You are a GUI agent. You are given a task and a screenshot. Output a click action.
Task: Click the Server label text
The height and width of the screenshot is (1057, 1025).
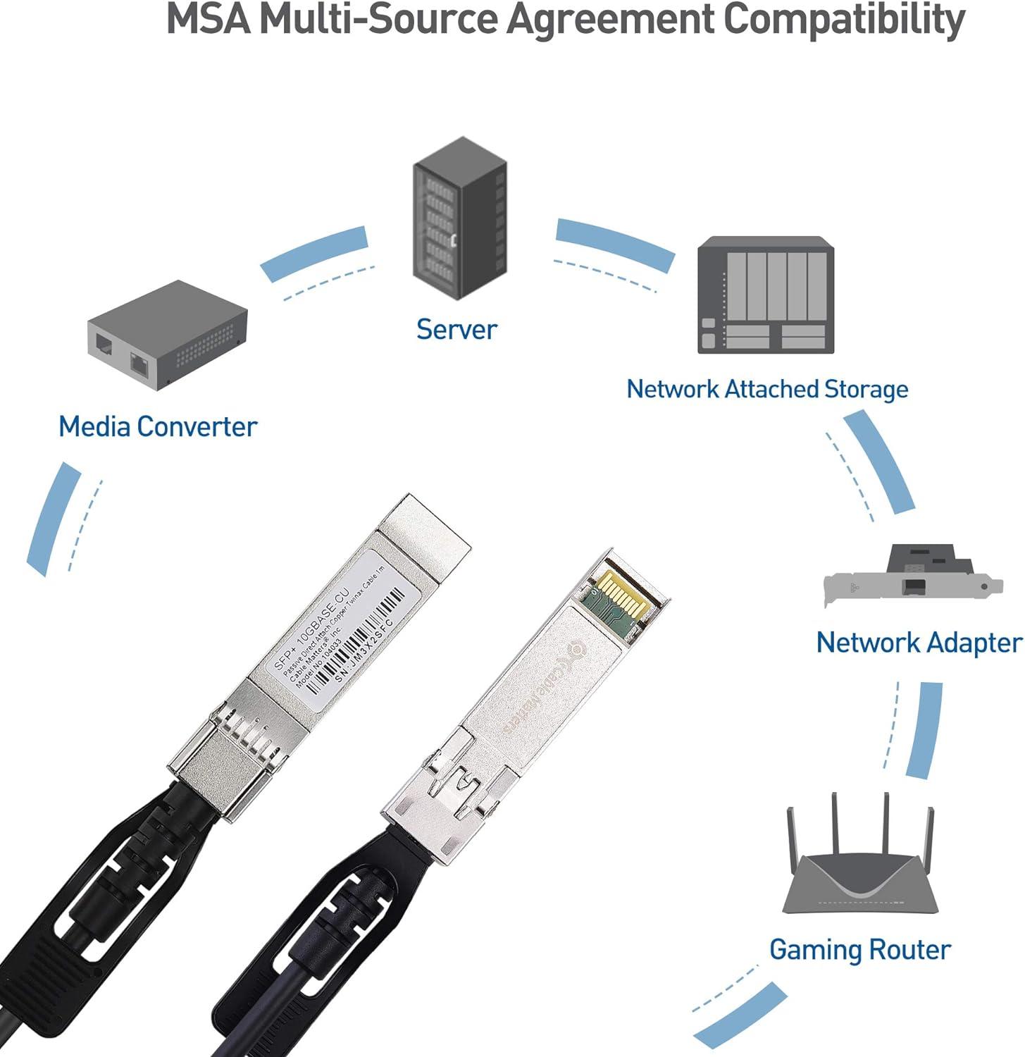click(456, 329)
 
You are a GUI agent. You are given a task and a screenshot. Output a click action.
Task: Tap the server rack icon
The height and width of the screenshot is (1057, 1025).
click(459, 220)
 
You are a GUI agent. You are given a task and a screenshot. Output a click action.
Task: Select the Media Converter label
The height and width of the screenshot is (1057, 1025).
click(158, 426)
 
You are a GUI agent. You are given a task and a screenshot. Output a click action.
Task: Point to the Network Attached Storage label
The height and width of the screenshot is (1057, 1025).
click(767, 389)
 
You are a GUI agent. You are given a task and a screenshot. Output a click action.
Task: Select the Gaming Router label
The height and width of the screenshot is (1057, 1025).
click(859, 949)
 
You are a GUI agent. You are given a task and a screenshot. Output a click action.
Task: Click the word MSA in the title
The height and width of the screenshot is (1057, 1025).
click(209, 20)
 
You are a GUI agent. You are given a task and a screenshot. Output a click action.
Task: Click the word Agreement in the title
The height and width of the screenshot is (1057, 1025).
click(610, 20)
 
